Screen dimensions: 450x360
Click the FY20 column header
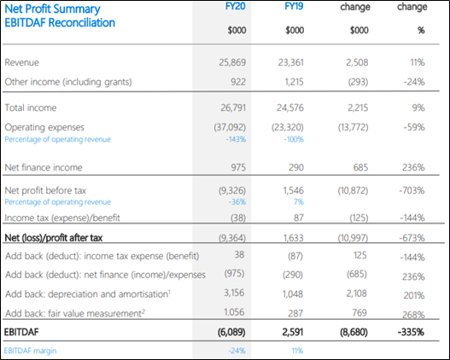(236, 6)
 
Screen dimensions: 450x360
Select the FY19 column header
(294, 6)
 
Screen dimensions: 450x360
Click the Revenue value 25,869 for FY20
(232, 62)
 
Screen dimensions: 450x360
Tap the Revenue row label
(22, 62)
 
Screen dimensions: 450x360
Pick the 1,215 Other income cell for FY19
(294, 82)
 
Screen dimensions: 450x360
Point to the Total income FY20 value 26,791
(233, 107)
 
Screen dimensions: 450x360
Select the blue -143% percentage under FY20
(236, 139)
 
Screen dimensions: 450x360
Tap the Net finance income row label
(44, 167)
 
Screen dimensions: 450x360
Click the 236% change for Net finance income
(413, 167)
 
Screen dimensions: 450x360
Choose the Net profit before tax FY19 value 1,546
(293, 190)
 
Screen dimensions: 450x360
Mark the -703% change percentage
(412, 190)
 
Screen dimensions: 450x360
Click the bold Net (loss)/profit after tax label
(54, 238)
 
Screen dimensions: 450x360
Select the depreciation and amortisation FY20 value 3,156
(234, 293)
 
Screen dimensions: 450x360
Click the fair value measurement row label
(75, 313)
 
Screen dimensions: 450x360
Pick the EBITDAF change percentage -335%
(411, 332)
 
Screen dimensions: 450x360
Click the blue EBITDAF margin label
(30, 351)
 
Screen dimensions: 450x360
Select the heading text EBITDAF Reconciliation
(60, 23)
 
